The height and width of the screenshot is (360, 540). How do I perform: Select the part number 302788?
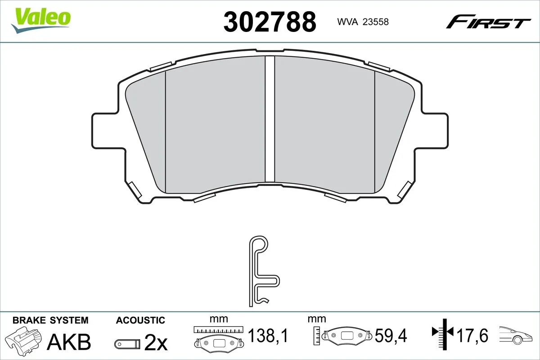point(270,22)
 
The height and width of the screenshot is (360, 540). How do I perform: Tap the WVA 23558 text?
point(360,22)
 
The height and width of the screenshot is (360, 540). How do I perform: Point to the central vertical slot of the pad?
point(270,119)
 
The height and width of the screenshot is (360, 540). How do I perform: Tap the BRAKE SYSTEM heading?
point(50,320)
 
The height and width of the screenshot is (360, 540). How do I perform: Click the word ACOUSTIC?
point(140,320)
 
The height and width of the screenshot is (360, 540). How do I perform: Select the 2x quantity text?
point(156,344)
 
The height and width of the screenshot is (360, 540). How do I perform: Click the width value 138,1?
point(268,335)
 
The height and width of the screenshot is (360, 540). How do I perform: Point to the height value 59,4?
point(391,335)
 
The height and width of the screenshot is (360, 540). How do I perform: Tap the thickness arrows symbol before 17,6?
point(443,333)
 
